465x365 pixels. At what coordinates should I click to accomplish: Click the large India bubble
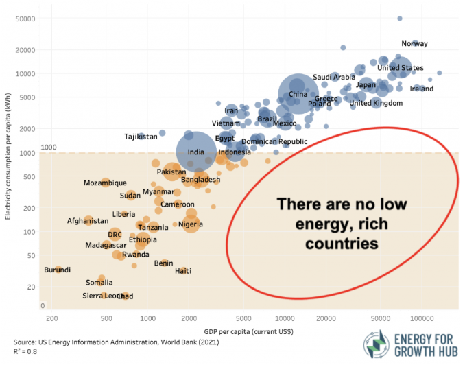195,152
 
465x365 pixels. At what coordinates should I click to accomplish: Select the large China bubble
298,94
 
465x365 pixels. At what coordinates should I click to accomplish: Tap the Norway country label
414,43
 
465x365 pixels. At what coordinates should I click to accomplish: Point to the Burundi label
57,270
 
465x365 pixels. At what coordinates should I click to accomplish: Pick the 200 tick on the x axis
51,320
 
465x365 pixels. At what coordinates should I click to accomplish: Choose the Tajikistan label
141,137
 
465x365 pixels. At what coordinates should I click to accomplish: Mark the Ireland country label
422,89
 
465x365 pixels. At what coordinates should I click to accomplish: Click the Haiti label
182,271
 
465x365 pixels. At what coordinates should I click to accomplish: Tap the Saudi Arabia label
334,77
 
